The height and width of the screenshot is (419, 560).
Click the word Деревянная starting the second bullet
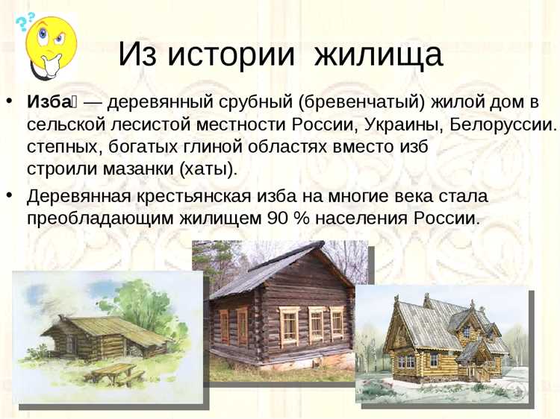click(x=78, y=197)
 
